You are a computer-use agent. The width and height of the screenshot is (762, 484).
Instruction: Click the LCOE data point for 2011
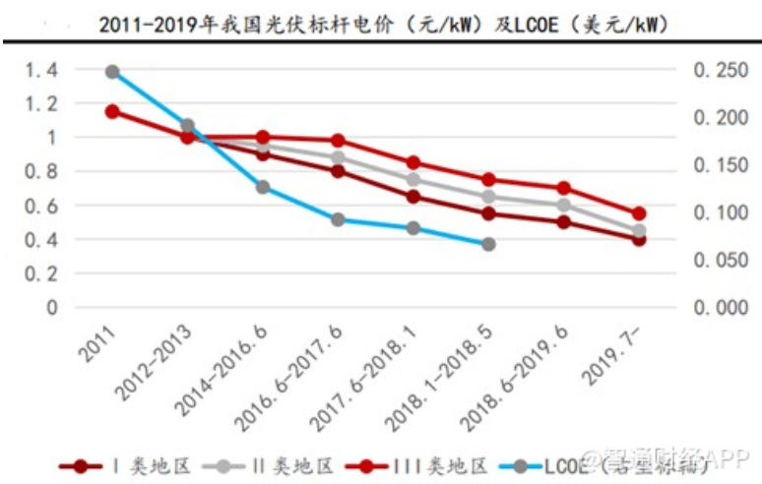pos(112,72)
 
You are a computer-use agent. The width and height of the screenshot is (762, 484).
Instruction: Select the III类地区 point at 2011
pos(112,111)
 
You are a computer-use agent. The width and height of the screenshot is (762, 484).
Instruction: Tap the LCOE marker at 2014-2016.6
pos(263,187)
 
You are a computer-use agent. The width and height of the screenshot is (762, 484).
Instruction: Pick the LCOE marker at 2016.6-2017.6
pos(338,219)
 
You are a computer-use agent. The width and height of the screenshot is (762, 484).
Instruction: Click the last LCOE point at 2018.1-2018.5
pos(488,244)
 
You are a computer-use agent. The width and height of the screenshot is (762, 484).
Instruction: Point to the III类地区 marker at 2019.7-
pos(639,213)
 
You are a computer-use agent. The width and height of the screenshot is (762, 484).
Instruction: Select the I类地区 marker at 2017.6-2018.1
pos(413,197)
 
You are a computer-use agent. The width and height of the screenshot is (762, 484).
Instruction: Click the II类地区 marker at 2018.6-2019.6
pos(563,205)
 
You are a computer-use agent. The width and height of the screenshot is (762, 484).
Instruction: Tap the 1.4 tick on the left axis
pos(41,70)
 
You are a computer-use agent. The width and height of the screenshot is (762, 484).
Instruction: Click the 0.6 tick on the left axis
pos(41,206)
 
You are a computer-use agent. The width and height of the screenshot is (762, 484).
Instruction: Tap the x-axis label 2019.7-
pos(618,356)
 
